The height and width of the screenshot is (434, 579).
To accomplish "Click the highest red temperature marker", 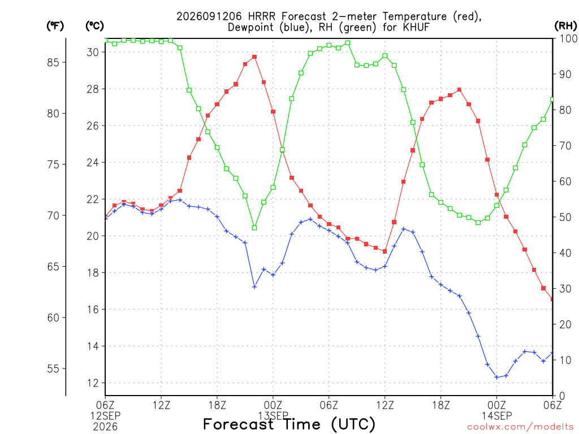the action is (254, 57).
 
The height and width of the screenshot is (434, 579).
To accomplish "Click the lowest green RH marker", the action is (254, 228).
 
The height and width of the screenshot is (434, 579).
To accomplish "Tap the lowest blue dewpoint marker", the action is (496, 377).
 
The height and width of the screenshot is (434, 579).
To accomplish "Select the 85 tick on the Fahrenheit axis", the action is (53, 62).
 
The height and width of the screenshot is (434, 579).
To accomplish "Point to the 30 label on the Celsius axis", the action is (93, 53).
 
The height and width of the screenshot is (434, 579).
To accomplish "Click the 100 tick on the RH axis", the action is (568, 38).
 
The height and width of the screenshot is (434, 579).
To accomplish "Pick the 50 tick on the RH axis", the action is (565, 217).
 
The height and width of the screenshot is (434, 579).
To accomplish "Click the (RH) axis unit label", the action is (565, 25).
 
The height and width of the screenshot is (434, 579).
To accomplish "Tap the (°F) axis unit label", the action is (55, 26).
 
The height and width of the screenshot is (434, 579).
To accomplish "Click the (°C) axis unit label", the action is (94, 26).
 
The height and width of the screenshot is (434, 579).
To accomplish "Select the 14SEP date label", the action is (496, 416).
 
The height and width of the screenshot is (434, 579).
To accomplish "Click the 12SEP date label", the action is (106, 416).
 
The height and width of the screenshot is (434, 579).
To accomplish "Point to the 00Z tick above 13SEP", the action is (273, 405).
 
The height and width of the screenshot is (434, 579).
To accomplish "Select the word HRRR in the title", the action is (262, 16).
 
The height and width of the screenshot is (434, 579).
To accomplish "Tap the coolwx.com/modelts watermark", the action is (520, 427).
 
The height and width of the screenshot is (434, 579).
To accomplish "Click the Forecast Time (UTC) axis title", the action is (289, 424).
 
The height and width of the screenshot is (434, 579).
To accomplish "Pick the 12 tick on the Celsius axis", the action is (93, 383).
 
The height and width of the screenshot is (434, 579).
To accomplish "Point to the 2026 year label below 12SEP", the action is (105, 427).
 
